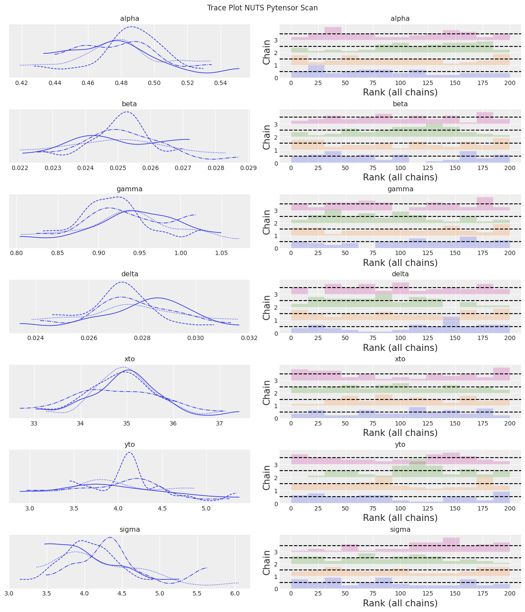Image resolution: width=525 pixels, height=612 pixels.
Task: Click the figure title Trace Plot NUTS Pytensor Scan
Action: (262, 8)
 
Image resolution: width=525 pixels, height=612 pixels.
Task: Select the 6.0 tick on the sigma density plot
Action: (235, 593)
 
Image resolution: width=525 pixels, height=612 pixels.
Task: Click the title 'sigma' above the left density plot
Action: (130, 530)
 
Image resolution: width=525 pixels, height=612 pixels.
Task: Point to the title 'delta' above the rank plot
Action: (400, 274)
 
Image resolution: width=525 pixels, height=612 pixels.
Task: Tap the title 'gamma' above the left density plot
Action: (130, 189)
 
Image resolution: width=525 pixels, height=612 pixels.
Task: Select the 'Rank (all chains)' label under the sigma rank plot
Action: (400, 603)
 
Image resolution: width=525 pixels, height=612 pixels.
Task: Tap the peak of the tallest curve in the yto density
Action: (129, 452)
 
